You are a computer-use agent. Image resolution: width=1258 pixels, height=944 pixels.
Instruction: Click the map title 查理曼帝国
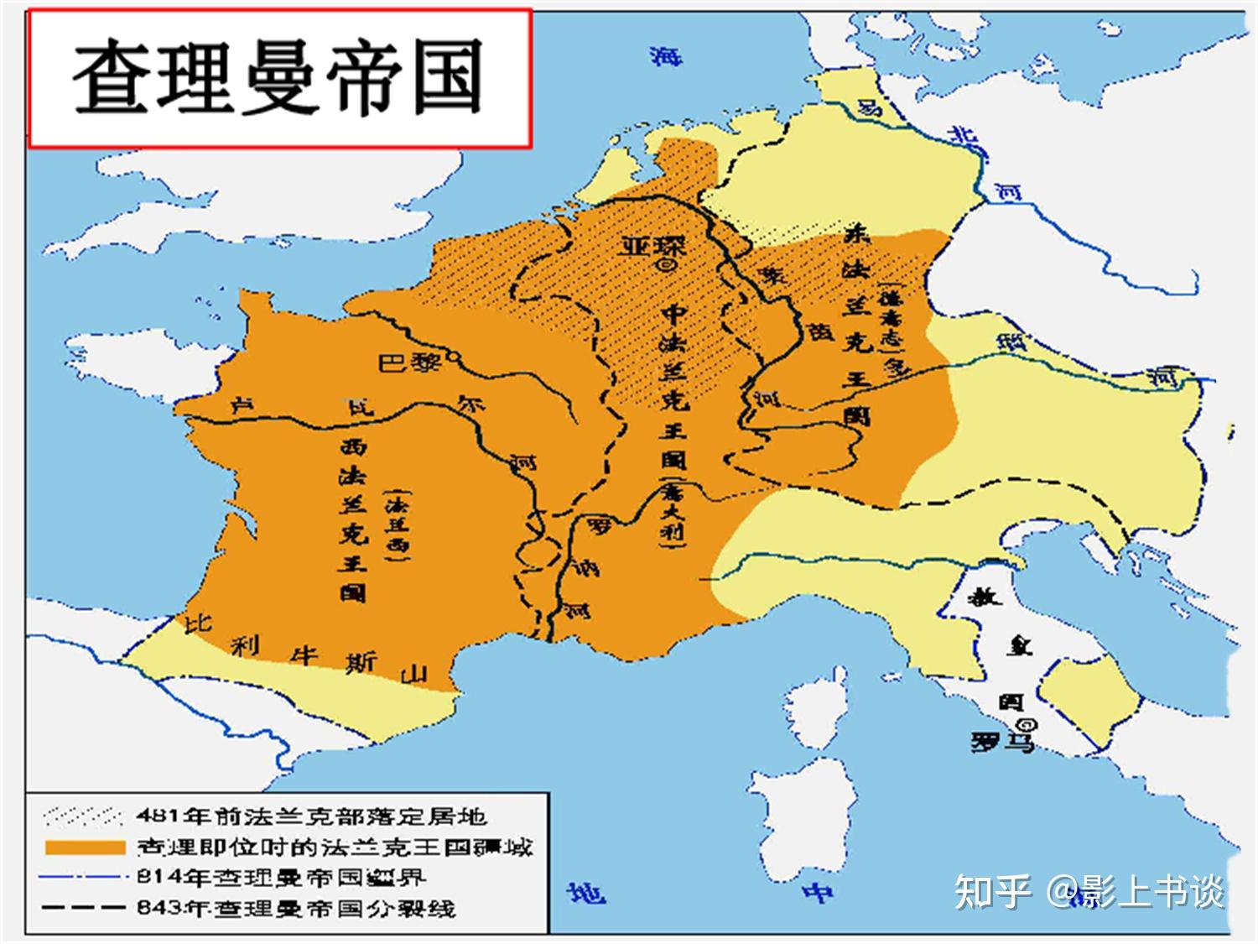click(x=278, y=79)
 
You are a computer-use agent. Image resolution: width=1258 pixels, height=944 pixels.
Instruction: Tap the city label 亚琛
click(x=652, y=245)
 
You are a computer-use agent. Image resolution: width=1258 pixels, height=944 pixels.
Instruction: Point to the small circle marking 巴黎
click(x=454, y=357)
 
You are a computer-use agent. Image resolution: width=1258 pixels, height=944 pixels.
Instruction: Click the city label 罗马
click(x=1002, y=742)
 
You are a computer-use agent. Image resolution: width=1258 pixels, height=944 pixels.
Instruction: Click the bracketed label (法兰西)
click(x=396, y=524)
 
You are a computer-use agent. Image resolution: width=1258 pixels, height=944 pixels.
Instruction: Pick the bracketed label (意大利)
click(x=674, y=513)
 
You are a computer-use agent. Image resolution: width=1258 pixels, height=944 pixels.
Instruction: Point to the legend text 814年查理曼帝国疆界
click(x=282, y=878)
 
